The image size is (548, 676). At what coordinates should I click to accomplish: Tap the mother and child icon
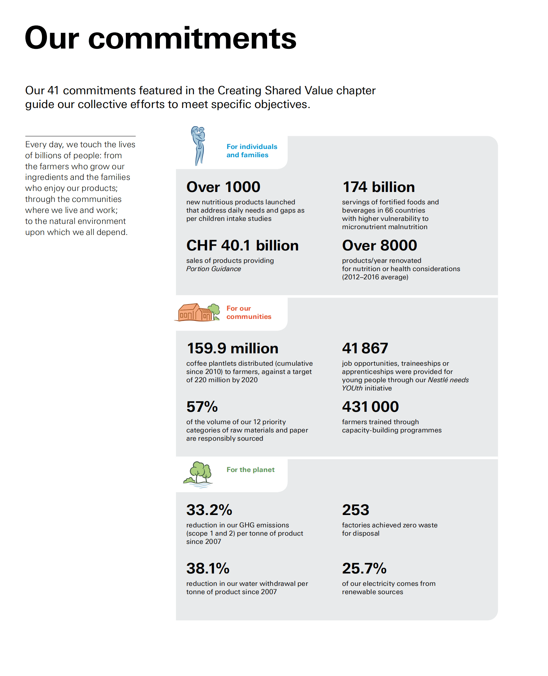198,146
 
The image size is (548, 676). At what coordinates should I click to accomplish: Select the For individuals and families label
252,151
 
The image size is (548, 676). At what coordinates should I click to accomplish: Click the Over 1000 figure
223,187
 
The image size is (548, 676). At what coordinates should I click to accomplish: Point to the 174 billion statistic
379,187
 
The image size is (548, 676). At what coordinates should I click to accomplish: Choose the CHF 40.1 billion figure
242,245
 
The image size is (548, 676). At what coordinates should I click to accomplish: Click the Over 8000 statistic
379,245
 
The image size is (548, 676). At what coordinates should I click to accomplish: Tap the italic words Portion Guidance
213,269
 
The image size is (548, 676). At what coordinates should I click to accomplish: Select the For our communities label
249,312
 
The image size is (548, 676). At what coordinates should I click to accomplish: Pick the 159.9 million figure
232,348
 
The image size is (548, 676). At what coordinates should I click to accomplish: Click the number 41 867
365,348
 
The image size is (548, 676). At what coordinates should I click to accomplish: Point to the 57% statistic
202,407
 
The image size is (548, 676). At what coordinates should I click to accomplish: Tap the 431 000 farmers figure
370,407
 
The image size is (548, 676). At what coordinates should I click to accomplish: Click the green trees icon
198,474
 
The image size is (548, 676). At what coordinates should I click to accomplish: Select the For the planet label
250,470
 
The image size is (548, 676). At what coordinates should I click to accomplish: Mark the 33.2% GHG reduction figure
209,510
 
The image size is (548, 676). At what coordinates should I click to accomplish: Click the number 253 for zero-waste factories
355,510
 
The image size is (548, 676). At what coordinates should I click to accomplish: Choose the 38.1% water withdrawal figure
208,568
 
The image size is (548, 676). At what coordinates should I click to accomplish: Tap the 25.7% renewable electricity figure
364,568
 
